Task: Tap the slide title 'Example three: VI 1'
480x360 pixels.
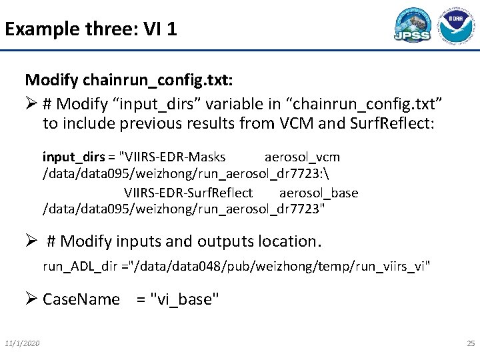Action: (91, 29)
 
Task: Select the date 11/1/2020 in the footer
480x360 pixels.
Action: (22, 343)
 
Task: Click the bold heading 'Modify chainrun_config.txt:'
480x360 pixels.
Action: (129, 81)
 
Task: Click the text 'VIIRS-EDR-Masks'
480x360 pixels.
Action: (172, 157)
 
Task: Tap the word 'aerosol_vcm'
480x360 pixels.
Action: (302, 157)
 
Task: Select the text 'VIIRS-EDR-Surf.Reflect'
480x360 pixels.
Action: (189, 193)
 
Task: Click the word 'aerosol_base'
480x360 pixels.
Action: (319, 193)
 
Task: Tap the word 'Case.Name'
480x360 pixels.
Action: (81, 300)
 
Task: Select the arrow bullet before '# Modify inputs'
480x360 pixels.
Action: (32, 241)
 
